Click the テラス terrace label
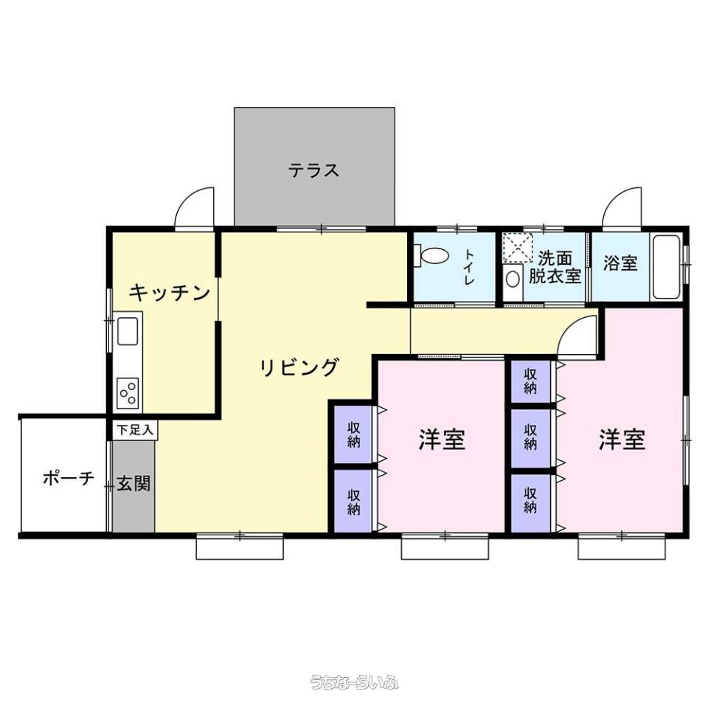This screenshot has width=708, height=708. point(314,170)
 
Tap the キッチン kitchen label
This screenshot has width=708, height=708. point(170,293)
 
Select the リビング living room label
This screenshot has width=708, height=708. point(299,367)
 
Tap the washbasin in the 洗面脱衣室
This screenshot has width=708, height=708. point(513,279)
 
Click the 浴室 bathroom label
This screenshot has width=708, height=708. point(620,263)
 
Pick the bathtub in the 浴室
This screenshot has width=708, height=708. point(667,267)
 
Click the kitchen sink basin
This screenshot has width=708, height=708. point(128,331)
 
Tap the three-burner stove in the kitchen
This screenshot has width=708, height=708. point(128,393)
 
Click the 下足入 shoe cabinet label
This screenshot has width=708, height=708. point(135,430)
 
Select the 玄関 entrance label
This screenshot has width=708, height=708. point(133,484)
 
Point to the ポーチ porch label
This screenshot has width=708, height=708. point(68,478)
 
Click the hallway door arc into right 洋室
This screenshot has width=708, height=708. point(571,326)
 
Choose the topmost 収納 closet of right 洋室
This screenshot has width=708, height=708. point(530,381)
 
